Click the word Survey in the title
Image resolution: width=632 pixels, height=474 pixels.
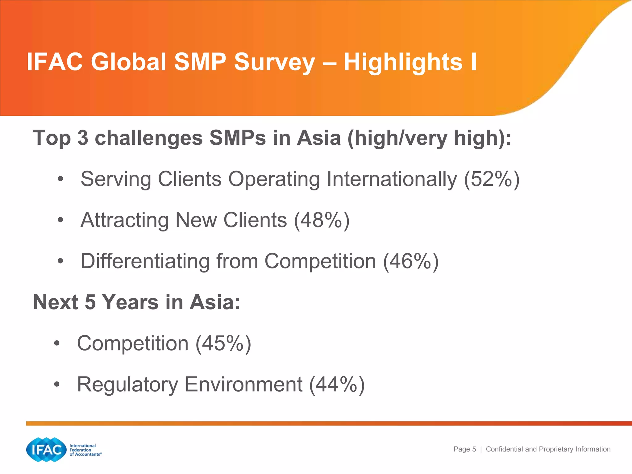[x=274, y=63]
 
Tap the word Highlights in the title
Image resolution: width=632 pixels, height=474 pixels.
[x=403, y=62]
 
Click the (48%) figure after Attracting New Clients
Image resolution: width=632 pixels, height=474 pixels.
[x=322, y=220]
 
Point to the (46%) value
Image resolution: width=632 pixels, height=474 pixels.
[x=411, y=261]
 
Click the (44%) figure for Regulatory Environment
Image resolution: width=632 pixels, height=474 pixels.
[x=337, y=385]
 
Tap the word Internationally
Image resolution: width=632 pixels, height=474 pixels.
[x=392, y=179]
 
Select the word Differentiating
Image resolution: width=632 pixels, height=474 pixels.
[x=145, y=261]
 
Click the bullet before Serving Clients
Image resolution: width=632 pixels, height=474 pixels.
[x=60, y=179]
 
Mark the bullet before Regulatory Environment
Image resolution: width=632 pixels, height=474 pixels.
[x=56, y=385]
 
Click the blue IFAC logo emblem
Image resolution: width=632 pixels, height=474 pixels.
[x=46, y=450]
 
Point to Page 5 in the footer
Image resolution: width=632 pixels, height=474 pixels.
[x=464, y=449]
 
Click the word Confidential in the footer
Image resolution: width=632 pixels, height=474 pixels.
[x=504, y=449]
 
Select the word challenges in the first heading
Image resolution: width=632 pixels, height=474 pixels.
[x=149, y=138]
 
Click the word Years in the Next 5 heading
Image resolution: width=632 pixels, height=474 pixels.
[x=130, y=302]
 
